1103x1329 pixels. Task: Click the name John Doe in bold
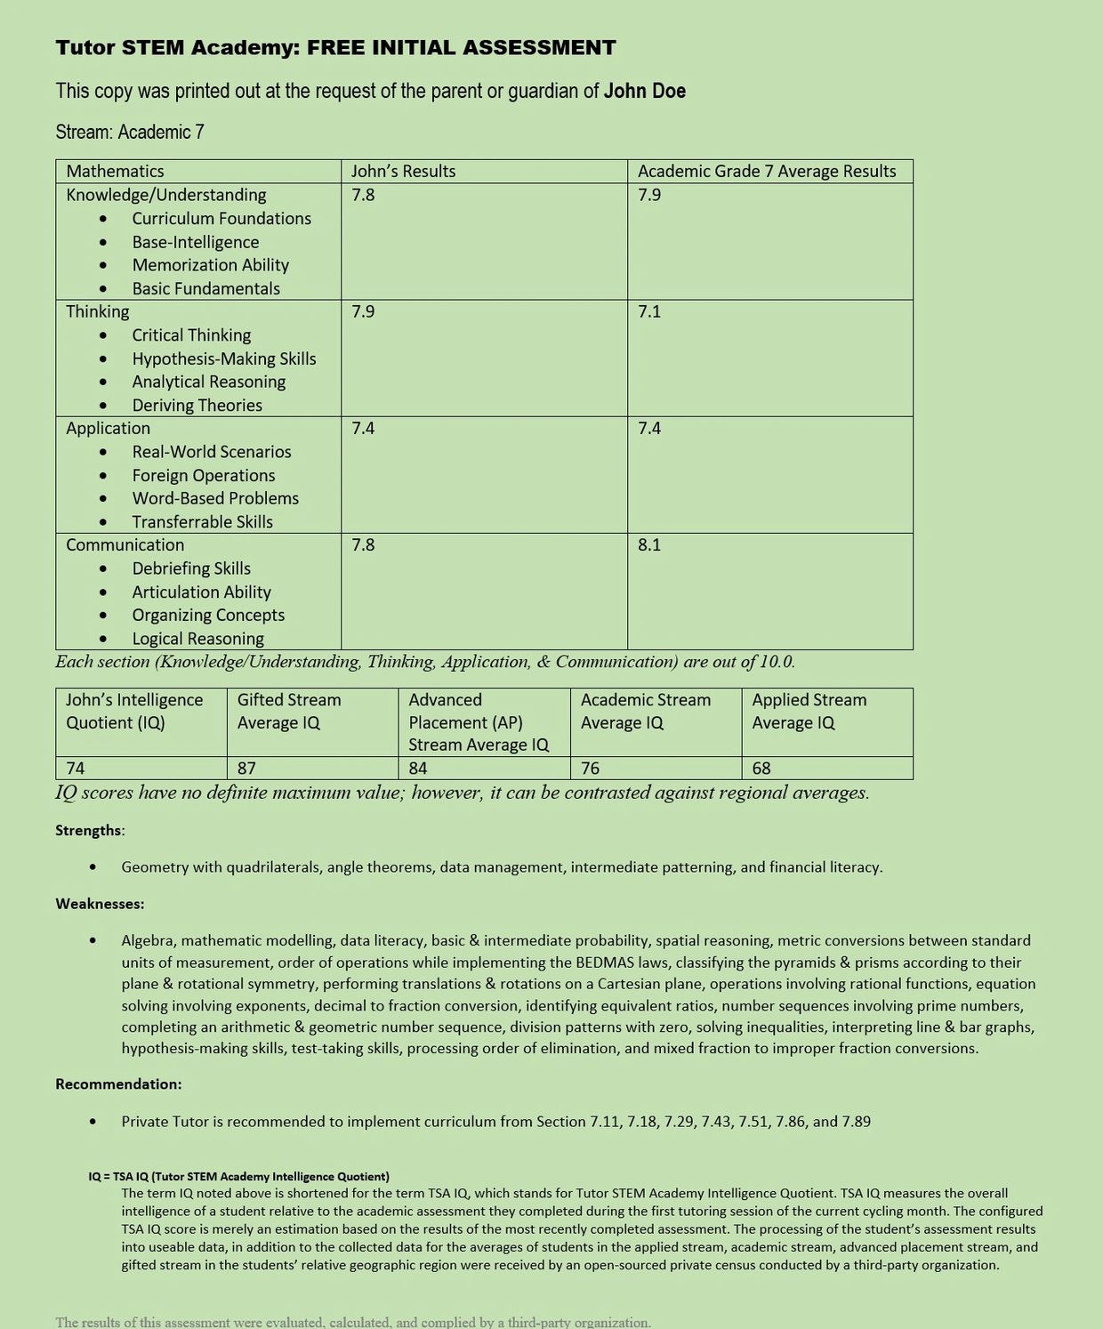coord(644,91)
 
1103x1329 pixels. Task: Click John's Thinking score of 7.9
coord(363,311)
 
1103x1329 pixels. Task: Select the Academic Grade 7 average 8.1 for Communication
coord(649,544)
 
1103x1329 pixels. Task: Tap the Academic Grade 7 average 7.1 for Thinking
coord(649,311)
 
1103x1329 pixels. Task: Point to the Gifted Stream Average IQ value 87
coord(246,768)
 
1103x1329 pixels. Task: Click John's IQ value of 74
coord(76,768)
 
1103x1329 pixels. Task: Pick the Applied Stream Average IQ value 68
coord(761,768)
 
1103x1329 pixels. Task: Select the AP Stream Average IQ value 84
coord(418,768)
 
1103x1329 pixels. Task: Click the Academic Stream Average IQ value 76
coord(590,768)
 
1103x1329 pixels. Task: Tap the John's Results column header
coord(403,171)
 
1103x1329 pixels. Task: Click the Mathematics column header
coord(115,171)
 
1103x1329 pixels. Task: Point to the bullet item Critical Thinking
coord(191,335)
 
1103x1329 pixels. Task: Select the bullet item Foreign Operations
coord(204,475)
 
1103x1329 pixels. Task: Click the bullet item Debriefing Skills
coord(191,568)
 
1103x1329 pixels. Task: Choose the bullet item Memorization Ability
coord(210,265)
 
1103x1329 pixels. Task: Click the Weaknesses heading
coord(100,904)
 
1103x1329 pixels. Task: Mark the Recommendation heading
coord(118,1083)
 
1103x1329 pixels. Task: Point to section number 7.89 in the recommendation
coord(856,1121)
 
